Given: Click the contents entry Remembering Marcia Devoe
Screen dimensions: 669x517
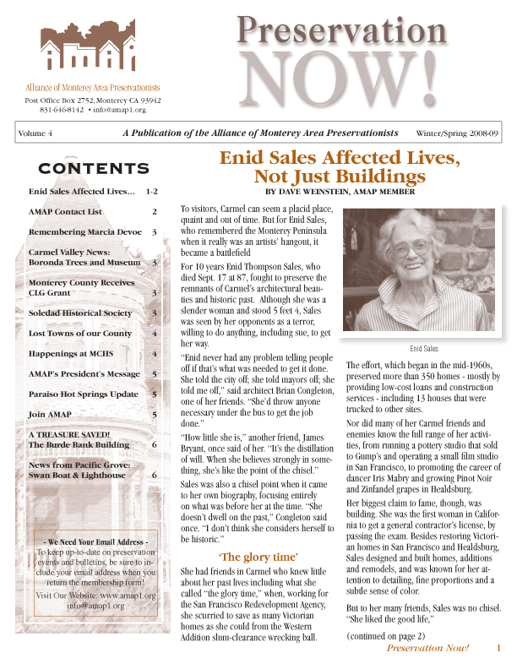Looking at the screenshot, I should tap(81, 231).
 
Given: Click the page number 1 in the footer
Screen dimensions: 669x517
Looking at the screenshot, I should tap(498, 648).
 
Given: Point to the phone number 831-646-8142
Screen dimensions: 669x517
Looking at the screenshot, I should tap(62, 110).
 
